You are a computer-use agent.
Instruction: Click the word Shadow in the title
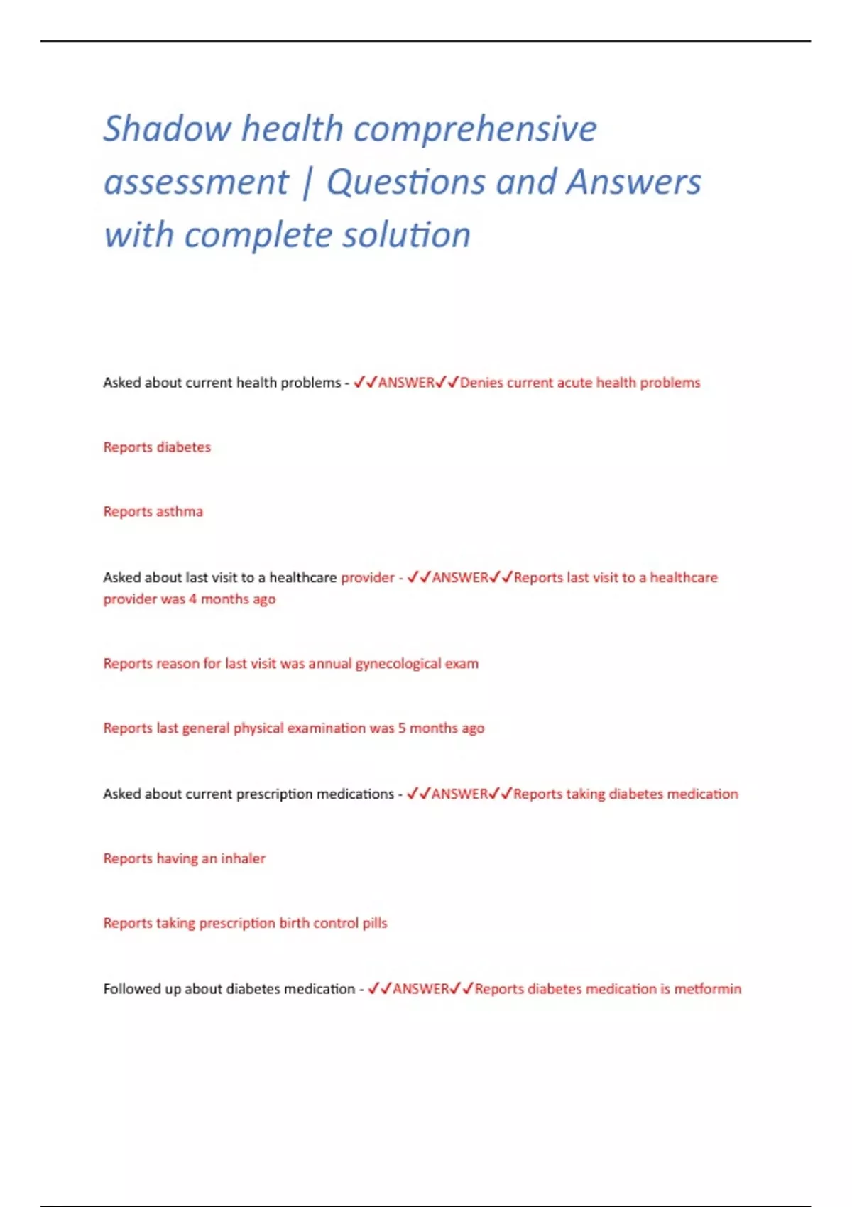168,129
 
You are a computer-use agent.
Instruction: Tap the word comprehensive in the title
475,129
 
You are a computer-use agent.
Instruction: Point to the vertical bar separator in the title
307,182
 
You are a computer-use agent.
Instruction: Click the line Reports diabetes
157,447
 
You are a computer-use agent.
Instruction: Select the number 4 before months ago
192,599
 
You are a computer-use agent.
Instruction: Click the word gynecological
398,664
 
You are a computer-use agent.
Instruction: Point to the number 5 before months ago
402,728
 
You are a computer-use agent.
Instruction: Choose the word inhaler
243,858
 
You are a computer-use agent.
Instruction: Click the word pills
375,923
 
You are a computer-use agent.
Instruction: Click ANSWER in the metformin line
421,989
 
